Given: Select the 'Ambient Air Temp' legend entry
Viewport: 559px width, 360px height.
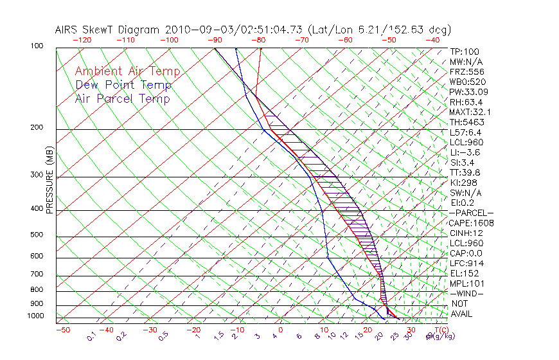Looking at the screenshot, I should coord(127,71).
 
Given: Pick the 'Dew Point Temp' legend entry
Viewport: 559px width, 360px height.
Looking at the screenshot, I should coord(123,85).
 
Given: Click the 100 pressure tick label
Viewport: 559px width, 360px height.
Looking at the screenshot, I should coord(36,46).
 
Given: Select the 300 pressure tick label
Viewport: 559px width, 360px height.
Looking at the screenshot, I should coord(36,175).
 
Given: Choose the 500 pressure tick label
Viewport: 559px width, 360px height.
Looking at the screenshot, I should coord(36,235).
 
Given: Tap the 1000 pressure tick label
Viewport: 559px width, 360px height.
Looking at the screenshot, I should coord(35,316).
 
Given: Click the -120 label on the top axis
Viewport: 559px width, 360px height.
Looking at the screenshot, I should coord(82,40).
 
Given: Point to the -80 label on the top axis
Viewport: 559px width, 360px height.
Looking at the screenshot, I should coord(258,40).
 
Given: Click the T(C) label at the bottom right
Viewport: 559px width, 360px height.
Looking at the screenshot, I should coord(439,330).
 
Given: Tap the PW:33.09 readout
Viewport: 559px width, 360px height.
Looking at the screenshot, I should coord(466,92).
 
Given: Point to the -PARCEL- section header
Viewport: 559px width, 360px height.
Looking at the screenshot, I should coord(471,213).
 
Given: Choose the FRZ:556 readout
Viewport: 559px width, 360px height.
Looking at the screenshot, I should coord(465,72).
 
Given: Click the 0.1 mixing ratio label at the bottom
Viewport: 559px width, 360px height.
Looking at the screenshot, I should coord(91,336).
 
